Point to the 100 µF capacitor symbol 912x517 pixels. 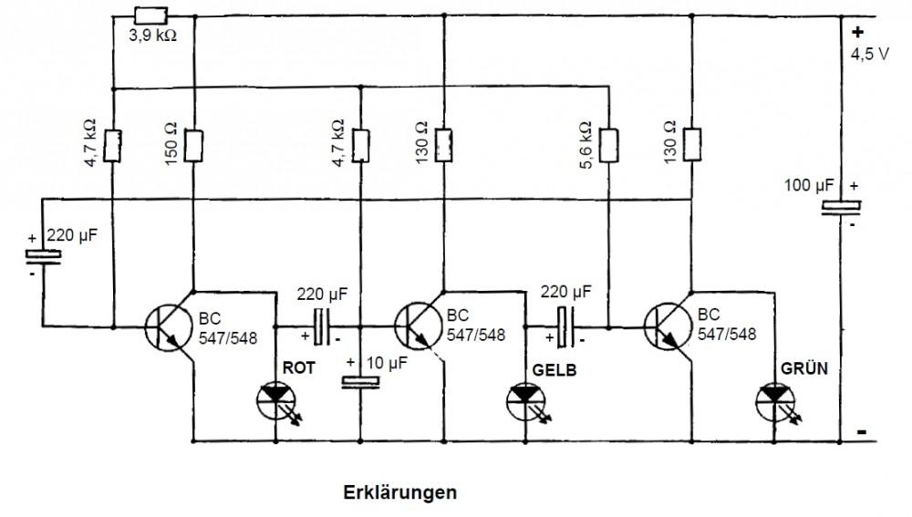[x=837, y=208]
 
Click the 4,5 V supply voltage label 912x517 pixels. [x=868, y=54]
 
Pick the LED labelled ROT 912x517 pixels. [x=275, y=398]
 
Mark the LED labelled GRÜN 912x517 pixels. [x=774, y=398]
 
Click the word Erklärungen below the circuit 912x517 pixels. [x=399, y=492]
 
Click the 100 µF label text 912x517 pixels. [x=809, y=186]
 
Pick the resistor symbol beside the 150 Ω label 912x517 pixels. [x=194, y=144]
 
